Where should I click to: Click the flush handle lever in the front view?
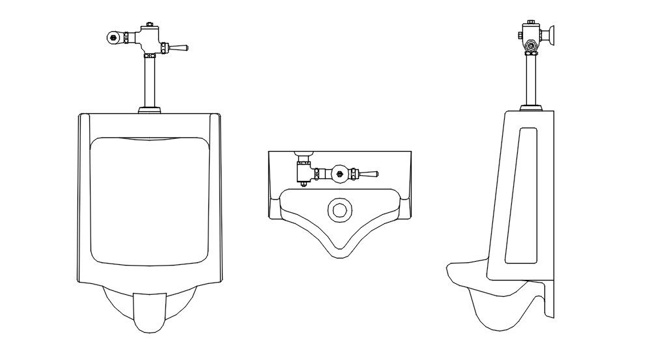point(178,48)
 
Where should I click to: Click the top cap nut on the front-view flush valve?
point(148,25)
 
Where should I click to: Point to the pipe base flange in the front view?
point(149,109)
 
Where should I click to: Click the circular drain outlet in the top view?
point(339,210)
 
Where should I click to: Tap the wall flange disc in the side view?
point(553,35)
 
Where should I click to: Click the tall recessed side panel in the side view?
point(521,195)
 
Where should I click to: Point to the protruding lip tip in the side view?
point(451,270)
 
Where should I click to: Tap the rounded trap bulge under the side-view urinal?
point(495,312)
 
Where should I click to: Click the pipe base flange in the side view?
point(531,106)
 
